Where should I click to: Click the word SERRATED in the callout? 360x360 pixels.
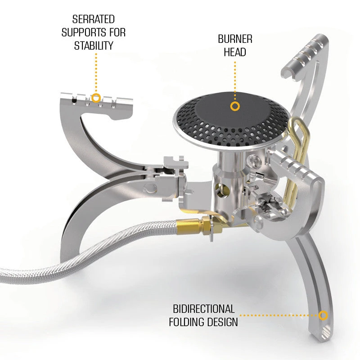pyautogui.click(x=94, y=19)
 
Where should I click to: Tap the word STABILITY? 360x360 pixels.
pyautogui.click(x=94, y=45)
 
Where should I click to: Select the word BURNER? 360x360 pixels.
pyautogui.click(x=235, y=39)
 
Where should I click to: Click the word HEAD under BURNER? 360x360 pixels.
pyautogui.click(x=235, y=52)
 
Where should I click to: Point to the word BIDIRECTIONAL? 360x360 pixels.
pyautogui.click(x=204, y=309)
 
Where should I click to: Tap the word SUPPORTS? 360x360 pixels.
pyautogui.click(x=84, y=32)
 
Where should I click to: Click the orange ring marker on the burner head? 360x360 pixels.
pyautogui.click(x=235, y=106)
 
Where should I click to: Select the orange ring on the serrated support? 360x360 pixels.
pyautogui.click(x=96, y=98)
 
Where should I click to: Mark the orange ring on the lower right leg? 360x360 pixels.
pyautogui.click(x=323, y=315)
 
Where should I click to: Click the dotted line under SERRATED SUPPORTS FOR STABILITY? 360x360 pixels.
pyautogui.click(x=96, y=73)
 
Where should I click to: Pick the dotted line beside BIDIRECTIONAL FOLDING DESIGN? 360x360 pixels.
pyautogui.click(x=279, y=315)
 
